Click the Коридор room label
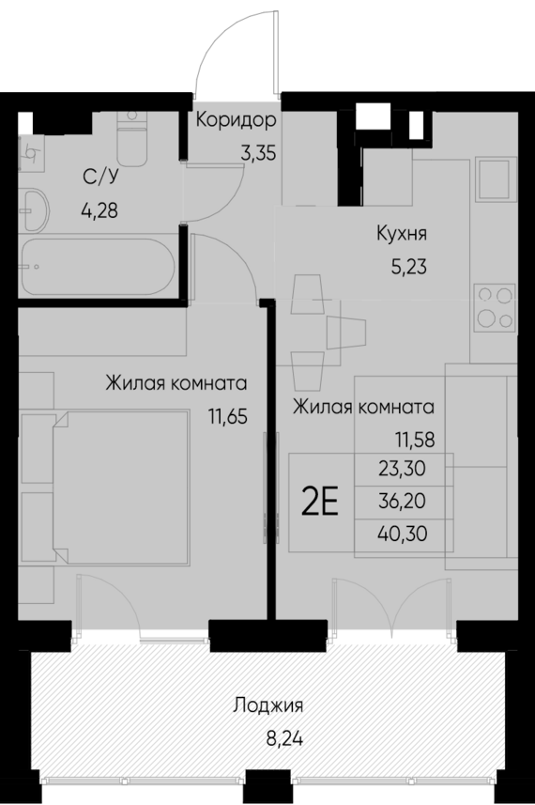pos(236,120)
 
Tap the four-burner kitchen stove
pos(494,306)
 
